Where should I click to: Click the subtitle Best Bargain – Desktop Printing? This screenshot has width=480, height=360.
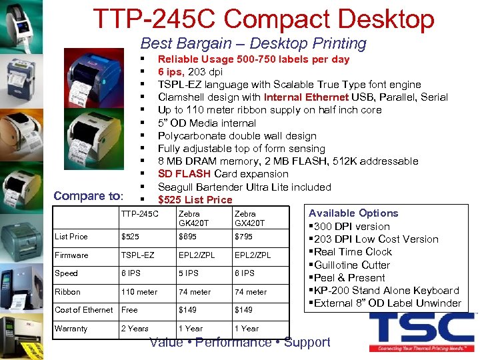(x=253, y=44)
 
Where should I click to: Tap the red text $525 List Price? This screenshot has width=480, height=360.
(x=195, y=200)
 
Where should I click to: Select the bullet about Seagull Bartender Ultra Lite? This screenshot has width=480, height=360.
(x=244, y=187)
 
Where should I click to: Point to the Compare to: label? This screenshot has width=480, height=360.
(x=88, y=196)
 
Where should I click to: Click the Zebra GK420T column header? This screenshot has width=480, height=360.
(x=193, y=218)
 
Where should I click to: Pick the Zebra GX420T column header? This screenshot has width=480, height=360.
(x=249, y=218)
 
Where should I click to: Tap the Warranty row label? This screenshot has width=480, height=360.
(x=71, y=329)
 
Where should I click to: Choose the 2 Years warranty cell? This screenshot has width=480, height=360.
(x=135, y=329)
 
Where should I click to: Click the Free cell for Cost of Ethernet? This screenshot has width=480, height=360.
(x=129, y=310)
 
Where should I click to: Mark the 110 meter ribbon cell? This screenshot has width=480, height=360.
(x=139, y=292)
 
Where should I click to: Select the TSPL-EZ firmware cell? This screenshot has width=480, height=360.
(x=137, y=255)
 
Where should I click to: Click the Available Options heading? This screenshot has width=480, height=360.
(x=353, y=213)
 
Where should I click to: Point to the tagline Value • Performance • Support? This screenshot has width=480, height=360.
(x=239, y=343)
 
